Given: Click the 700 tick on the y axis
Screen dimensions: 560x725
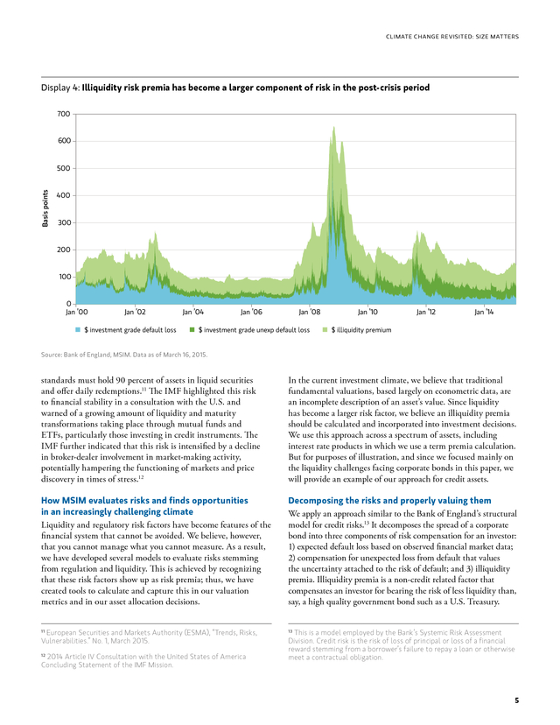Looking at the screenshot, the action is pos(64,114).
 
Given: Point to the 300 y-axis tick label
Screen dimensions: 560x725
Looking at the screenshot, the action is pos(64,222).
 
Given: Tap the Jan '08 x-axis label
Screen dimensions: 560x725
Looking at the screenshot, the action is pos(310,312).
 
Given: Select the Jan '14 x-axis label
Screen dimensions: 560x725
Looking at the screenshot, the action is pos(484,312).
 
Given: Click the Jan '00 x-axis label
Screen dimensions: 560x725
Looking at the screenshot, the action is pos(77,312).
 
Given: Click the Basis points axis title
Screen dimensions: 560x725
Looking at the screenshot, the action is pos(45,208).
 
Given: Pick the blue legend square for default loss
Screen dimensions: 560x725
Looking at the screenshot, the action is pos(78,330).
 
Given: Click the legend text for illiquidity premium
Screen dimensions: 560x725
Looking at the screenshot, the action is pos(360,330).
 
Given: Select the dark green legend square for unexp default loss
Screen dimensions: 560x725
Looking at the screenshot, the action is pos(192,330).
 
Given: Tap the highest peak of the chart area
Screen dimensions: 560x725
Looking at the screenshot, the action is pos(333,127).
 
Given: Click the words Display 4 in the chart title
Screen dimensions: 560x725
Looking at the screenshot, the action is pos(60,88).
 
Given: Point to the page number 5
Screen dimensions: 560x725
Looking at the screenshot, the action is pos(516,700).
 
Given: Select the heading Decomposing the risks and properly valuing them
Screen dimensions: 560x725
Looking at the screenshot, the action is pos(389,500).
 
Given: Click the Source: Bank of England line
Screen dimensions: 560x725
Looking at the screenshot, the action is pos(124,355).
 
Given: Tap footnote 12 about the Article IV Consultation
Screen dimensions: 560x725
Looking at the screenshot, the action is pos(143,661).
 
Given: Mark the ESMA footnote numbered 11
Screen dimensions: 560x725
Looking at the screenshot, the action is pos(150,637).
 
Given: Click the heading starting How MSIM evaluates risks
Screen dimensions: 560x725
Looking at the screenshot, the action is pos(144,506).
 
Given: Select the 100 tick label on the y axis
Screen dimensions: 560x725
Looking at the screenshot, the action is pos(64,277).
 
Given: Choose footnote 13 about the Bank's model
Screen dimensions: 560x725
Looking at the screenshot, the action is pos(402,644).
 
